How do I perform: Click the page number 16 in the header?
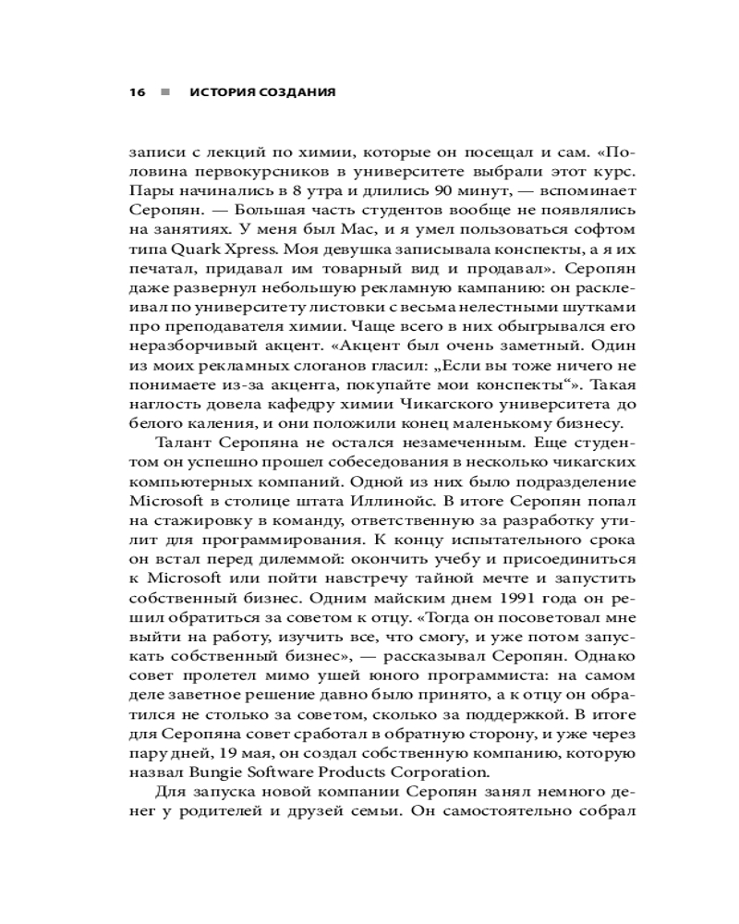(x=138, y=92)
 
